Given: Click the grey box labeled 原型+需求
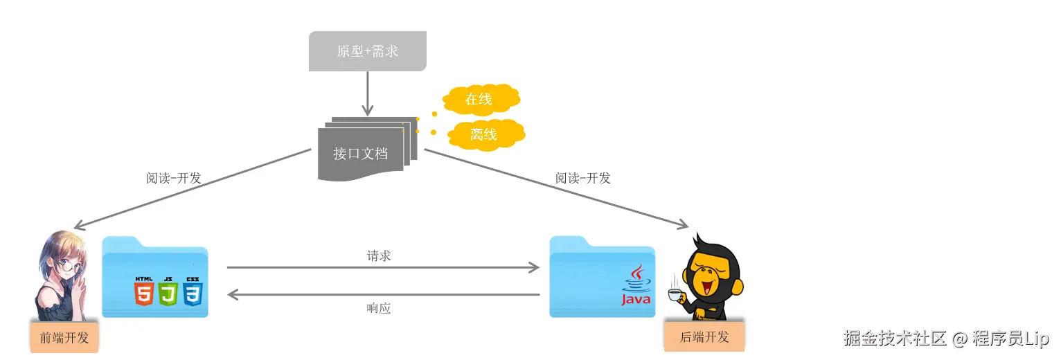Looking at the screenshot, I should click(367, 51).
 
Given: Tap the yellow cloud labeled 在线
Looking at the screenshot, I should click(480, 100).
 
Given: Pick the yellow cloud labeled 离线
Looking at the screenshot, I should click(484, 134).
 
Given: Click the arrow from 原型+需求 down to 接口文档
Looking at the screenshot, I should click(367, 93).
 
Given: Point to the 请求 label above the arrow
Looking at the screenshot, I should click(379, 255).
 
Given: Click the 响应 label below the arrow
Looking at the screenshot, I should click(379, 308).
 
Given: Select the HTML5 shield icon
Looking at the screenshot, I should click(144, 291).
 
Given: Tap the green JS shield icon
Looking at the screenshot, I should click(168, 291).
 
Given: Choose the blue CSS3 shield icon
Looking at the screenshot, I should click(192, 291).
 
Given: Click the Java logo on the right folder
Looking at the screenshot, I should click(636, 286).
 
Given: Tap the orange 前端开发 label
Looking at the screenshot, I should click(64, 338).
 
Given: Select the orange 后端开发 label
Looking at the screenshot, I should click(704, 337).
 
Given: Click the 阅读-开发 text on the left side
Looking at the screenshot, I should click(173, 178).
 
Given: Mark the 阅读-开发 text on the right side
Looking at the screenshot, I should click(583, 178).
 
